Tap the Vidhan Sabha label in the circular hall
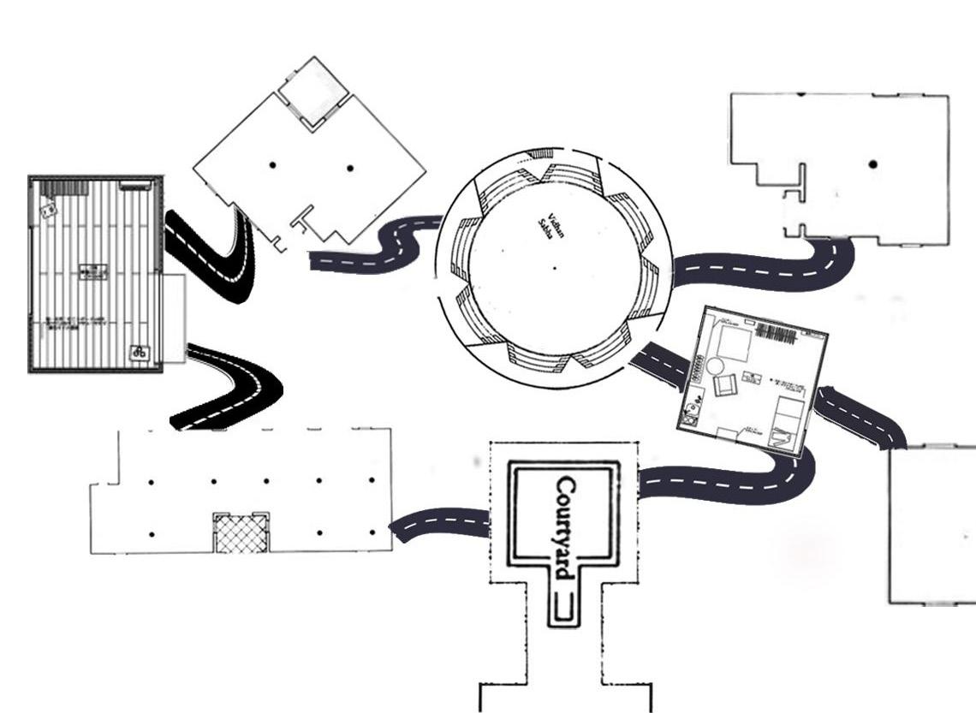point(547,229)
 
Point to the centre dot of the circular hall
point(554,269)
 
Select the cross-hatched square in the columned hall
point(241,533)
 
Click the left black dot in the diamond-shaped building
point(271,165)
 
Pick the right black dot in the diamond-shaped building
point(349,168)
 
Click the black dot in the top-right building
point(872,163)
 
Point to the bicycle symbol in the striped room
point(139,352)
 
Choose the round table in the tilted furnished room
point(713,366)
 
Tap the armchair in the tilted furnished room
point(724,385)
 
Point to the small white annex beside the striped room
point(174,318)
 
